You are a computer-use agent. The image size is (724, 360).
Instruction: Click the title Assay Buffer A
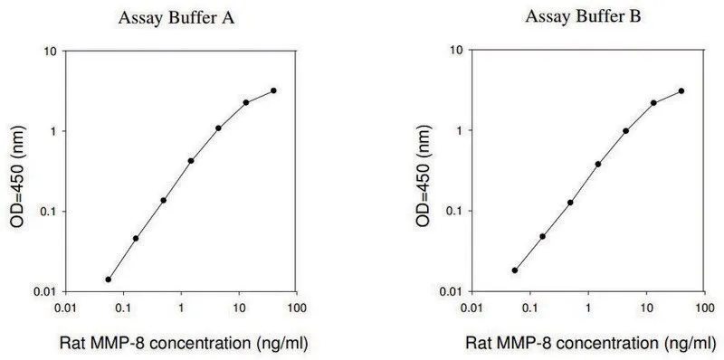[x=176, y=18]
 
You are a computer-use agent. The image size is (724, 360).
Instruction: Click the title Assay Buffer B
[x=583, y=17]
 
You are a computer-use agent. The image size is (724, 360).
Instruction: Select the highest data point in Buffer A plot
[x=274, y=90]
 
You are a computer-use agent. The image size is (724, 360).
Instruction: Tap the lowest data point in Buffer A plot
[x=108, y=279]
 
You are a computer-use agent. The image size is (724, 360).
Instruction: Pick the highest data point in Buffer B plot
[x=681, y=91]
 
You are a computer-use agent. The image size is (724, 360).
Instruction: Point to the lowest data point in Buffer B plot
[x=515, y=270]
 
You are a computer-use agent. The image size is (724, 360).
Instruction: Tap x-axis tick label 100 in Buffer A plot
[x=297, y=307]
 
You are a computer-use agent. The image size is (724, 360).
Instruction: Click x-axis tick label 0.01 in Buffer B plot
[x=472, y=307]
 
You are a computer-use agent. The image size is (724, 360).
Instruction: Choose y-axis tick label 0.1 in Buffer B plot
[x=454, y=211]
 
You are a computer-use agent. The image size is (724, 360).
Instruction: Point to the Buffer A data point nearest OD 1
[x=218, y=128]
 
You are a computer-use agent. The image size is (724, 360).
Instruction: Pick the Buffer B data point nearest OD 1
[x=626, y=130]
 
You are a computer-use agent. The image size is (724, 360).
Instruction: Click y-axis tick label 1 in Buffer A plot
[x=53, y=131]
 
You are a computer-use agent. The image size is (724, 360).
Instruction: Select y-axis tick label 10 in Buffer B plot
[x=457, y=50]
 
